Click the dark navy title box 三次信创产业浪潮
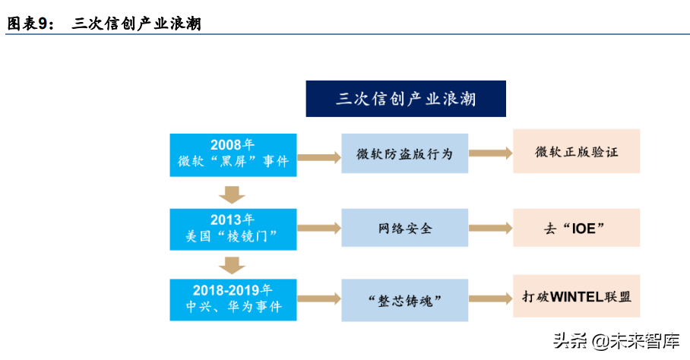tap(406, 99)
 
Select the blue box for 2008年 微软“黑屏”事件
tap(233, 155)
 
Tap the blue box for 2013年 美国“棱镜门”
tap(233, 229)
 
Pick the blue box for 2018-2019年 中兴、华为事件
tap(233, 300)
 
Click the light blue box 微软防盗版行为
tap(405, 153)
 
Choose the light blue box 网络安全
tap(405, 228)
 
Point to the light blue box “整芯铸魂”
tap(405, 300)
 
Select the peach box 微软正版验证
tap(577, 151)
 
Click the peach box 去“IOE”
tap(577, 228)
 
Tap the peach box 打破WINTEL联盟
tap(577, 296)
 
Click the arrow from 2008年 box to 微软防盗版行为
tap(319, 157)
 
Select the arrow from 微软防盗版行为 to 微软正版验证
tap(491, 153)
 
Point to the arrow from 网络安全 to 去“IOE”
tap(491, 228)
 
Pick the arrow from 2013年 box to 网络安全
tap(319, 228)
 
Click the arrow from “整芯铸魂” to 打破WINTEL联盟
tap(491, 298)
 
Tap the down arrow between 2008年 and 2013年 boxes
tap(232, 194)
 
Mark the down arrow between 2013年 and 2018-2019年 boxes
tap(232, 266)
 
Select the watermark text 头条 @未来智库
tap(616, 341)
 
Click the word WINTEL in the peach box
tap(577, 297)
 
